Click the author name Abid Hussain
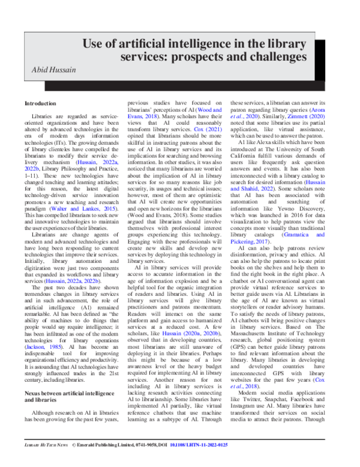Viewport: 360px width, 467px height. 55,70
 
